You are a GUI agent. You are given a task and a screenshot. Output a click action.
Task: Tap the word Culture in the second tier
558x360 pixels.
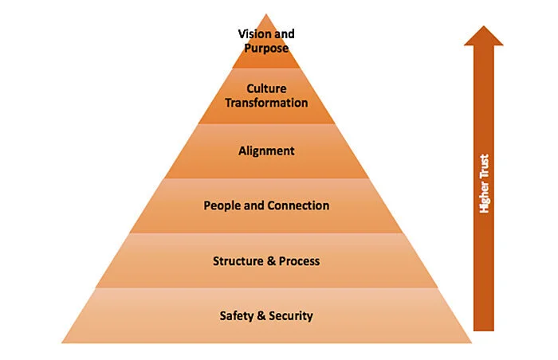(x=266, y=89)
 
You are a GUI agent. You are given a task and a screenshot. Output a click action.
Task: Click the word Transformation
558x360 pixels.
(x=266, y=103)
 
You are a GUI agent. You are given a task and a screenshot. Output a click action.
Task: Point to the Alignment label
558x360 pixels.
(x=266, y=150)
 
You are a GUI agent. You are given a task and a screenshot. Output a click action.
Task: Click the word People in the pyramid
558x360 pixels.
(x=222, y=205)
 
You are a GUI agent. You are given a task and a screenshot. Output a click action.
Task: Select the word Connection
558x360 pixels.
(x=298, y=205)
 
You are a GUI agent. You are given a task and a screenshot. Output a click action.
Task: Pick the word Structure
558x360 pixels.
(x=238, y=260)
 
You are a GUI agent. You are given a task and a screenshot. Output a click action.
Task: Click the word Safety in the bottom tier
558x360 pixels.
(x=237, y=315)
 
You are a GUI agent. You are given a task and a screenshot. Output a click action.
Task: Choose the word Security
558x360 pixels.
(x=289, y=315)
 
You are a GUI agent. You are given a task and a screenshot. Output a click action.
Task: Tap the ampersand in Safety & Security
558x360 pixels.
(x=260, y=315)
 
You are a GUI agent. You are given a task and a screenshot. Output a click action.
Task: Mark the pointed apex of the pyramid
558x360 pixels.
(x=266, y=14)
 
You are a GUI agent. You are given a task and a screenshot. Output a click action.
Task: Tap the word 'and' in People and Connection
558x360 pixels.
(x=253, y=205)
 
